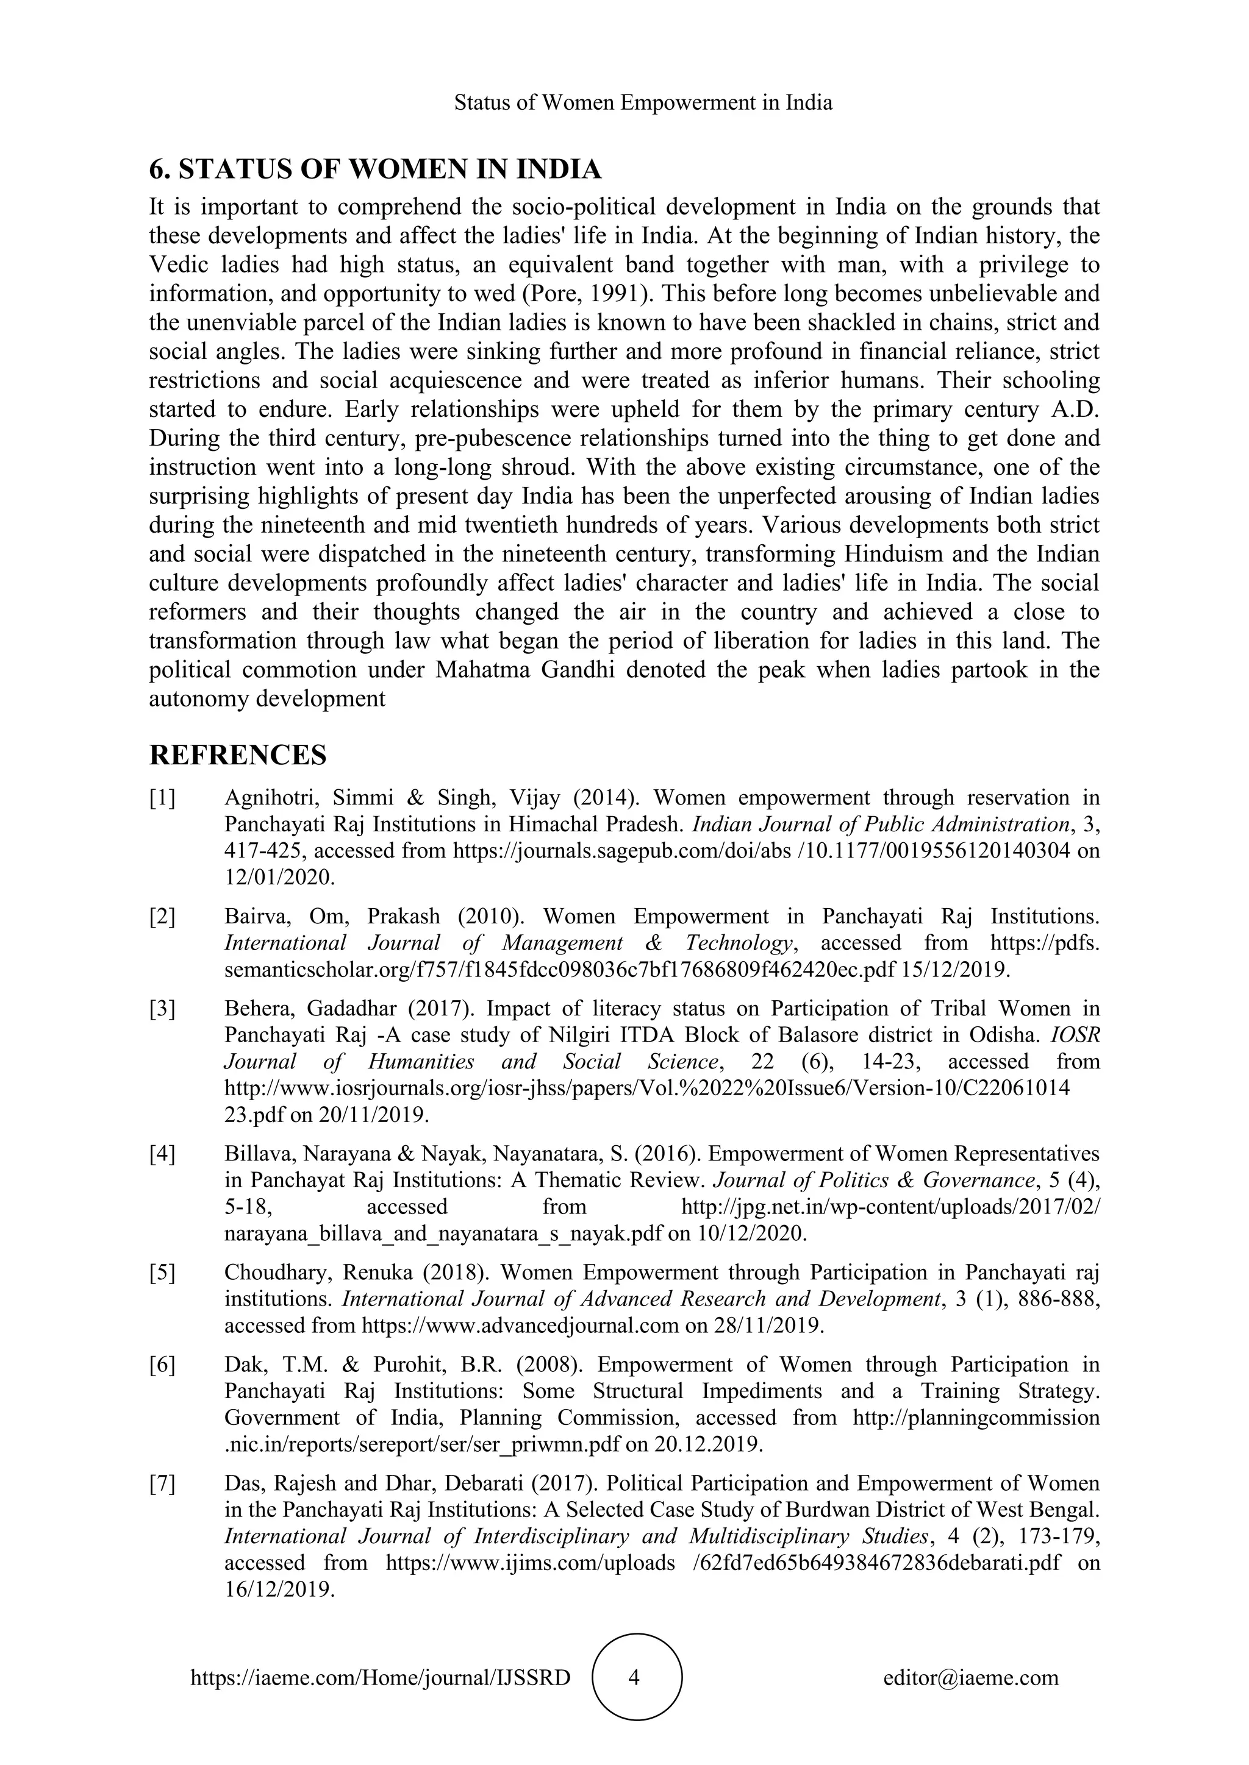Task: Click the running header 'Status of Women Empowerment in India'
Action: click(x=643, y=103)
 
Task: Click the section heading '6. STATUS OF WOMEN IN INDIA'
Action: click(x=374, y=169)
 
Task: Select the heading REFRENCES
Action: click(x=238, y=755)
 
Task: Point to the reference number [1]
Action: click(x=162, y=798)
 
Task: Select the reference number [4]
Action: click(x=162, y=1154)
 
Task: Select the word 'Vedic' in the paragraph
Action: click(x=176, y=265)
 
